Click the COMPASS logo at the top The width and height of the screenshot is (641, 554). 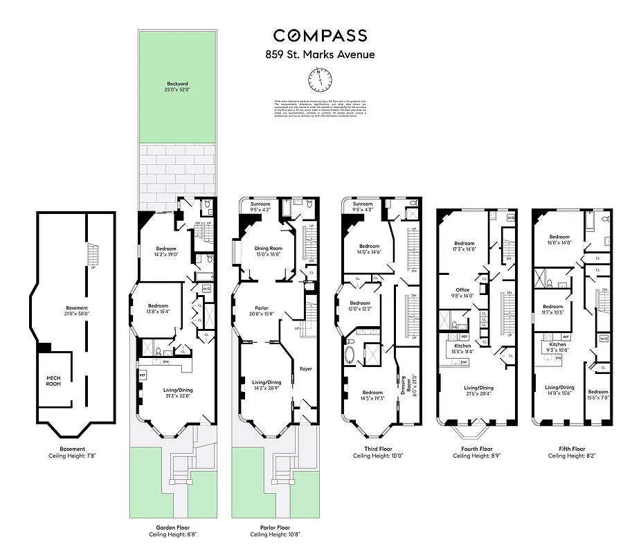click(x=320, y=36)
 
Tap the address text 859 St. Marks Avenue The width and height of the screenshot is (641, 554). click(x=320, y=55)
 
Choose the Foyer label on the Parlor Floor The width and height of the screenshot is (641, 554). click(x=305, y=369)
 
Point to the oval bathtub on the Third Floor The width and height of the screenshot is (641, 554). click(x=350, y=356)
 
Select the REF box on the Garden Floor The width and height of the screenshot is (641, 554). click(x=143, y=375)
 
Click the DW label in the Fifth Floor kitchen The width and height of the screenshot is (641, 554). click(x=557, y=358)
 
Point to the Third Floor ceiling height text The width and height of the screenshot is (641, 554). click(x=379, y=456)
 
